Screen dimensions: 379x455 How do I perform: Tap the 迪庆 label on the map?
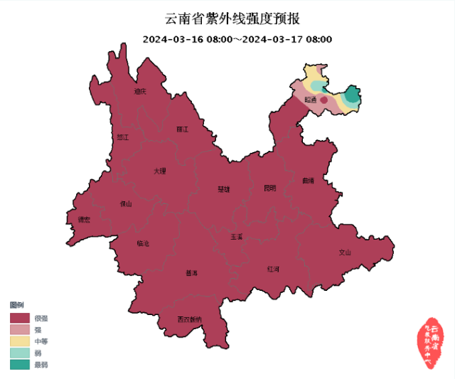click(140, 92)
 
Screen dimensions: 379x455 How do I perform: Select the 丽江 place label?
click(182, 129)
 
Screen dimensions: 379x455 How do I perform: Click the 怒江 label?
click(123, 137)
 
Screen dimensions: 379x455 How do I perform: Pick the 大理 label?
click(160, 171)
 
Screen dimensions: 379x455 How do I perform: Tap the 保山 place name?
click(126, 204)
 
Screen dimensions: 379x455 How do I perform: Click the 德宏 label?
click(84, 220)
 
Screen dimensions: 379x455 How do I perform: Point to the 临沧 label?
click(143, 244)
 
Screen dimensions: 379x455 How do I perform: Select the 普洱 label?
click(192, 273)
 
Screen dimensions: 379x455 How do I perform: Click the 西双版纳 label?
click(190, 319)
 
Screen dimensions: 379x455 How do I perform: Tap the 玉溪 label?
click(236, 236)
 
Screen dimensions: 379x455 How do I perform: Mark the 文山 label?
click(345, 252)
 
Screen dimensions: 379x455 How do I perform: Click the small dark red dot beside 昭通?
click(324, 101)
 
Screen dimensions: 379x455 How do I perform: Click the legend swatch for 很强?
click(20, 318)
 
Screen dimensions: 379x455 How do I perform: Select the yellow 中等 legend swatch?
click(20, 341)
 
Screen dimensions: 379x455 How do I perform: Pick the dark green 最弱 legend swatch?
click(20, 365)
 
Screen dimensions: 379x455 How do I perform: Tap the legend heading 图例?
click(16, 304)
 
